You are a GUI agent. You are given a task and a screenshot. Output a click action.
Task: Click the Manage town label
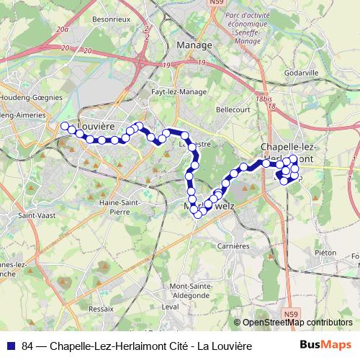pos(194,45)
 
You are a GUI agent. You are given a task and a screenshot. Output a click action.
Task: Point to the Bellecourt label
pos(233,111)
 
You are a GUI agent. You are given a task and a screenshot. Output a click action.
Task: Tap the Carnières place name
pos(234,246)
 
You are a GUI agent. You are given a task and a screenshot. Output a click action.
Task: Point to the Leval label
pos(170,306)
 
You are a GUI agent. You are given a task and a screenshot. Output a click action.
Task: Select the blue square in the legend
pos(12,346)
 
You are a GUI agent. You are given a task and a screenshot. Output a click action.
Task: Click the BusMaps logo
pos(325,345)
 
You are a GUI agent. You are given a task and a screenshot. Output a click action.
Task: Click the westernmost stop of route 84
pos(64,126)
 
